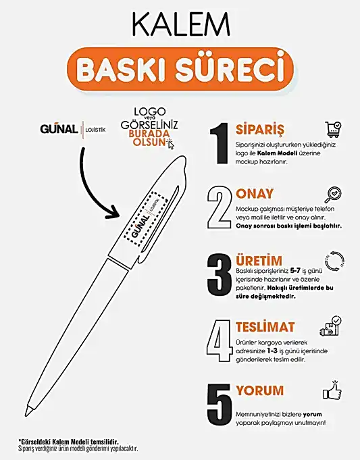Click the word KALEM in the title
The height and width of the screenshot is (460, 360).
(x=180, y=25)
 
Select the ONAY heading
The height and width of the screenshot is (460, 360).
(x=255, y=194)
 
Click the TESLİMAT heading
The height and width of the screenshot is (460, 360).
(x=265, y=327)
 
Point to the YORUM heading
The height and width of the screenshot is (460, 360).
(x=260, y=391)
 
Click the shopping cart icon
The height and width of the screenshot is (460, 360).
(x=333, y=130)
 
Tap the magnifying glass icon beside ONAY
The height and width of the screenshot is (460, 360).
(x=335, y=195)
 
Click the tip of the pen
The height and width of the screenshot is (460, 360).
(x=26, y=411)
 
